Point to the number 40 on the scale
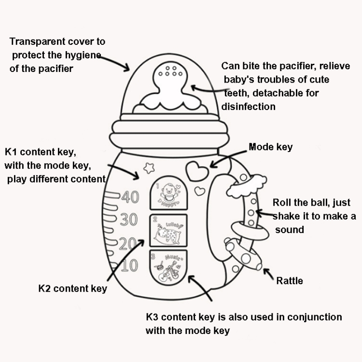(129, 197)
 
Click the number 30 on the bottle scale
(128, 220)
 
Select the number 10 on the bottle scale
(129, 265)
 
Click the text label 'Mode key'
(270, 147)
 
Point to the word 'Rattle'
(289, 280)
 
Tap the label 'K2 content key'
(72, 289)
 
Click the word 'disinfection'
(249, 106)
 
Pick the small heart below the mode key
(199, 191)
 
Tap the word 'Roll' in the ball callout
(281, 202)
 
